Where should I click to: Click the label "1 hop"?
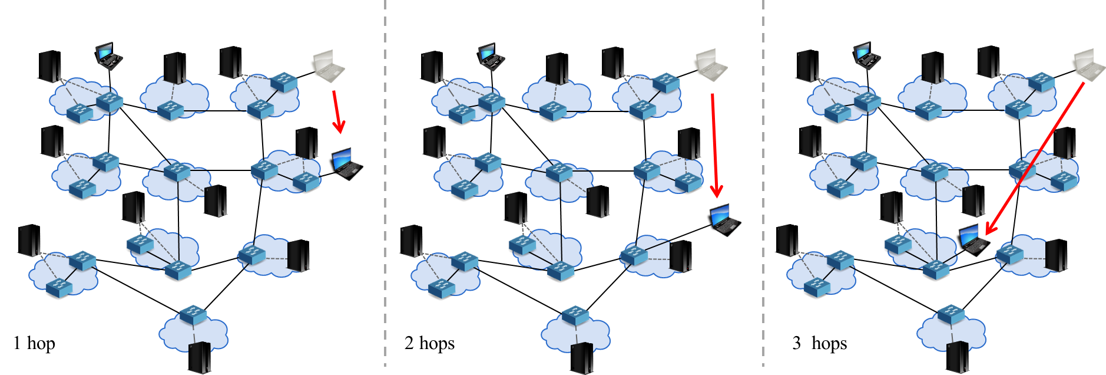click(34, 343)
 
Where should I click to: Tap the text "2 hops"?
click(429, 343)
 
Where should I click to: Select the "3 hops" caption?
click(819, 343)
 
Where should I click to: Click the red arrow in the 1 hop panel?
click(337, 111)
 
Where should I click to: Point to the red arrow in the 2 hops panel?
click(714, 146)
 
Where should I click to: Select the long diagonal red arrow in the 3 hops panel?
click(1035, 159)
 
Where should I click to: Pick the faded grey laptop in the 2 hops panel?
click(711, 65)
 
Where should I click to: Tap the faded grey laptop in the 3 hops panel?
click(1090, 65)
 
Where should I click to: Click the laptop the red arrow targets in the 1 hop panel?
click(347, 164)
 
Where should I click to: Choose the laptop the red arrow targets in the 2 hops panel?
click(725, 220)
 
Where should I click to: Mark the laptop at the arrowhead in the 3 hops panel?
click(975, 240)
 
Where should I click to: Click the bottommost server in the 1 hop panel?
click(200, 357)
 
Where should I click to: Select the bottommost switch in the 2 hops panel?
click(575, 315)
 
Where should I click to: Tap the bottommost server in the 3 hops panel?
click(958, 357)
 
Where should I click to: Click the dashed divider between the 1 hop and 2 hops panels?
click(385, 183)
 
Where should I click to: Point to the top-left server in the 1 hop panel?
click(49, 66)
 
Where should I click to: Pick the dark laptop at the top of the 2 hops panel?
click(491, 57)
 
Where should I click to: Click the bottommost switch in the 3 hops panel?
click(951, 314)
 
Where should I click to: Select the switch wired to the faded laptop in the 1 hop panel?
click(284, 82)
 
